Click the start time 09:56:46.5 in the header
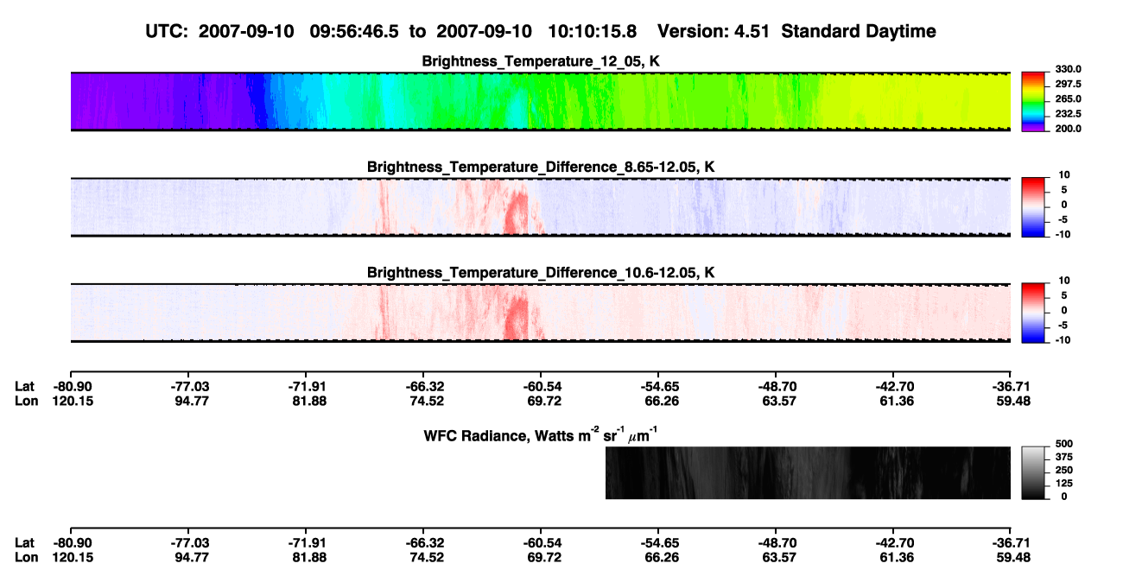354,31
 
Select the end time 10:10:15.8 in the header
592,31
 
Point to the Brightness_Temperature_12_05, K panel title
541,61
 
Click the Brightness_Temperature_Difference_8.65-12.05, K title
541,167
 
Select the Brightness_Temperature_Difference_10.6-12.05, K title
541,273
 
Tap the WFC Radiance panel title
541,435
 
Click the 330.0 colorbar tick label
1068,69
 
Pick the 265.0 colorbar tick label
1068,98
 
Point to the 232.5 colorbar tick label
1068,114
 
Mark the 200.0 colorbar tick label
1068,129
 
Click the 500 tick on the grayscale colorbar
1064,444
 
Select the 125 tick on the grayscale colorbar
1064,484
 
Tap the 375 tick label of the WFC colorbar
1064,457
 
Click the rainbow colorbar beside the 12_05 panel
1033,102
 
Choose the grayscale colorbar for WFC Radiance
1033,472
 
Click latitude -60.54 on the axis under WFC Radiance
542,543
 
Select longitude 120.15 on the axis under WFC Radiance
73,558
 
